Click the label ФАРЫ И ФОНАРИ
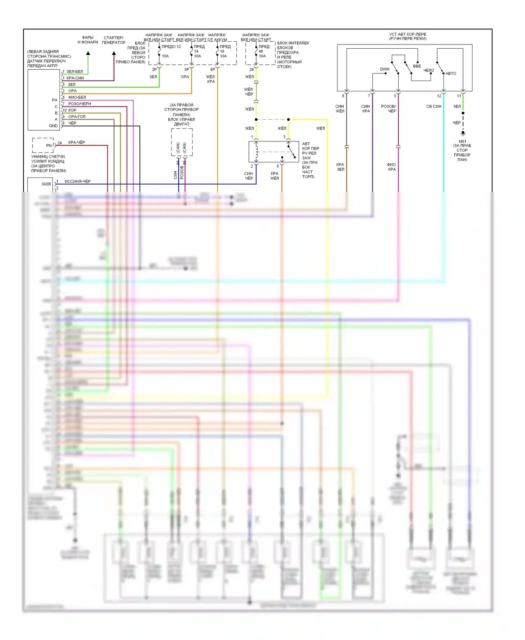pos(87,40)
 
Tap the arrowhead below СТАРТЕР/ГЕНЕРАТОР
pos(114,54)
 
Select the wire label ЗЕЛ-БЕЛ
pos(75,71)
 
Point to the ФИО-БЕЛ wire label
pos(77,97)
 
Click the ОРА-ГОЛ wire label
pos(77,117)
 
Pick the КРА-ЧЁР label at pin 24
pos(77,142)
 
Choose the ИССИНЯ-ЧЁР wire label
pos(77,181)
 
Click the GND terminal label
pos(53,126)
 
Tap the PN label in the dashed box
pos(49,145)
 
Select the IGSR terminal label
pos(46,184)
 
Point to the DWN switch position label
pos(385,69)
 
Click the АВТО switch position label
pos(451,74)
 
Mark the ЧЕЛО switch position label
pos(429,70)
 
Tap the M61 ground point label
pos(462,141)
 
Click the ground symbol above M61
pos(463,133)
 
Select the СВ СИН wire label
pos(434,106)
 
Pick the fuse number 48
pos(261,51)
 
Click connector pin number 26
pos(251,69)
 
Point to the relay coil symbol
pos(257,152)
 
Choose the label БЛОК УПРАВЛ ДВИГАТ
pos(181,121)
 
